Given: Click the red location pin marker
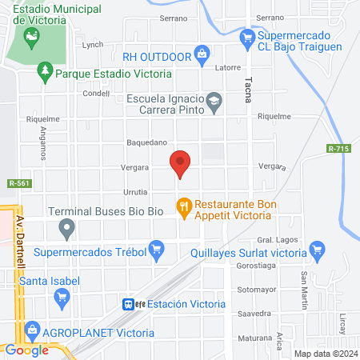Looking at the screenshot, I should (x=181, y=163).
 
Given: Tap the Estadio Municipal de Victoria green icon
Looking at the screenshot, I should (x=32, y=36).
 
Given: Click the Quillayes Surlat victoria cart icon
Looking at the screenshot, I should (x=318, y=250).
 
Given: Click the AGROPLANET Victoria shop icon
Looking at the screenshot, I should (x=32, y=329).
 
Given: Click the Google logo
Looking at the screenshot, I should (x=26, y=350).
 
